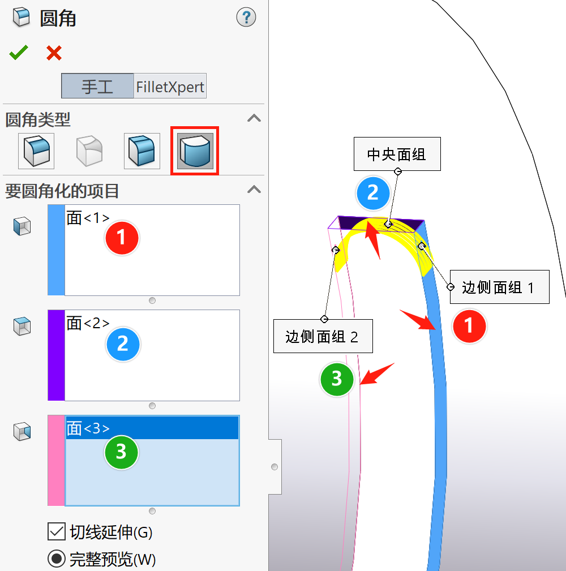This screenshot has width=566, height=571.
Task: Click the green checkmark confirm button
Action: (x=18, y=53)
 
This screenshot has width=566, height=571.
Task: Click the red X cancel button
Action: (x=54, y=53)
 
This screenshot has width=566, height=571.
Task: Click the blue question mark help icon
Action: (x=246, y=18)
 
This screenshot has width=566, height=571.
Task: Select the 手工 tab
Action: (x=97, y=87)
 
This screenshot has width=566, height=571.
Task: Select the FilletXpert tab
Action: (x=170, y=87)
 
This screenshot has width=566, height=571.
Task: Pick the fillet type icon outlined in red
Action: (x=195, y=151)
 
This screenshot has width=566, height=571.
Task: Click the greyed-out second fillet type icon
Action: (x=89, y=151)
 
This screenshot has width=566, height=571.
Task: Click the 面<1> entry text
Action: (x=88, y=218)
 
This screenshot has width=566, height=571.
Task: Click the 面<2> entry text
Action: (x=88, y=323)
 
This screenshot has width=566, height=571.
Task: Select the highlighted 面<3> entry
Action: (x=88, y=428)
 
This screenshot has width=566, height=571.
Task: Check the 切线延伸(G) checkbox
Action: (x=57, y=532)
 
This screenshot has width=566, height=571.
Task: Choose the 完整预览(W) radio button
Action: (x=57, y=559)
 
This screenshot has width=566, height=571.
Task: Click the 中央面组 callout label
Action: (x=397, y=154)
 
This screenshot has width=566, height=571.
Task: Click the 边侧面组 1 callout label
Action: (x=498, y=287)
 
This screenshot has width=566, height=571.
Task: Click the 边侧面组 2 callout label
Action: (x=322, y=337)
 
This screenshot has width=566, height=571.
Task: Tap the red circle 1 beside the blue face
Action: (x=469, y=326)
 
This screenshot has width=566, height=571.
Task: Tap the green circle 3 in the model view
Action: (x=337, y=378)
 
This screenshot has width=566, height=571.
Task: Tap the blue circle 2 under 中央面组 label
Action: (x=372, y=193)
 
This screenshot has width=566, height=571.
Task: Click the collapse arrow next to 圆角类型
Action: (x=255, y=118)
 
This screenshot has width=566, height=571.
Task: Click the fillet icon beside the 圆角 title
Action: (x=22, y=18)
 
